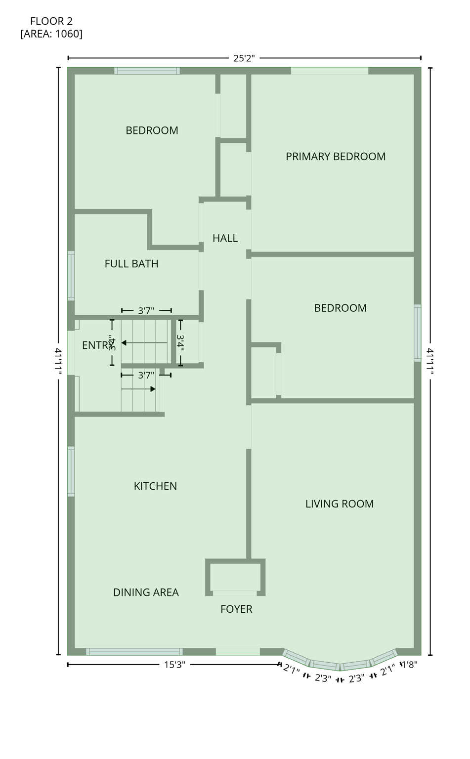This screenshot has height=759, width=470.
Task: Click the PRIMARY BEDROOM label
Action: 335,157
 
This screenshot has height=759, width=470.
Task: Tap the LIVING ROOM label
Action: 339,504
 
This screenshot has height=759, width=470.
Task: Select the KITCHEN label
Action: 155,486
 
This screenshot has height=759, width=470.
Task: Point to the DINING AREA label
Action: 146,592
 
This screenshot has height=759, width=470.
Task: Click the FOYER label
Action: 236,609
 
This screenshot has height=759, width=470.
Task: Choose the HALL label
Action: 225,239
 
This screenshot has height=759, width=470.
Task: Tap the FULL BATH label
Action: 131,264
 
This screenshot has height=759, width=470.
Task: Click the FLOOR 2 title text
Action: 51,21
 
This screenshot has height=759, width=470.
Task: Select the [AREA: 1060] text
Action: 51,34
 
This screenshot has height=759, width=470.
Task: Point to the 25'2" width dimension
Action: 244,58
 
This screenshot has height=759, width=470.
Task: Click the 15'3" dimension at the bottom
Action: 174,665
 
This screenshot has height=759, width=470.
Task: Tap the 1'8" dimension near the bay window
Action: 409,665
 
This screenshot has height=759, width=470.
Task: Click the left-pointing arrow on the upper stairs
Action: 125,343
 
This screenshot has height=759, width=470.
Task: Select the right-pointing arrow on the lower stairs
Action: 153,389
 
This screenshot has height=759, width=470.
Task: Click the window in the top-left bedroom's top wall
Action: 147,71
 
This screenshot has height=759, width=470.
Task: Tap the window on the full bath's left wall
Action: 71,276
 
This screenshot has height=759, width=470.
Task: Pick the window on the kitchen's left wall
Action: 71,471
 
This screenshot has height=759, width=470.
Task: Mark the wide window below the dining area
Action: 134,652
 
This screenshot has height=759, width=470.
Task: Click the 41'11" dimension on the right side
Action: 430,362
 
